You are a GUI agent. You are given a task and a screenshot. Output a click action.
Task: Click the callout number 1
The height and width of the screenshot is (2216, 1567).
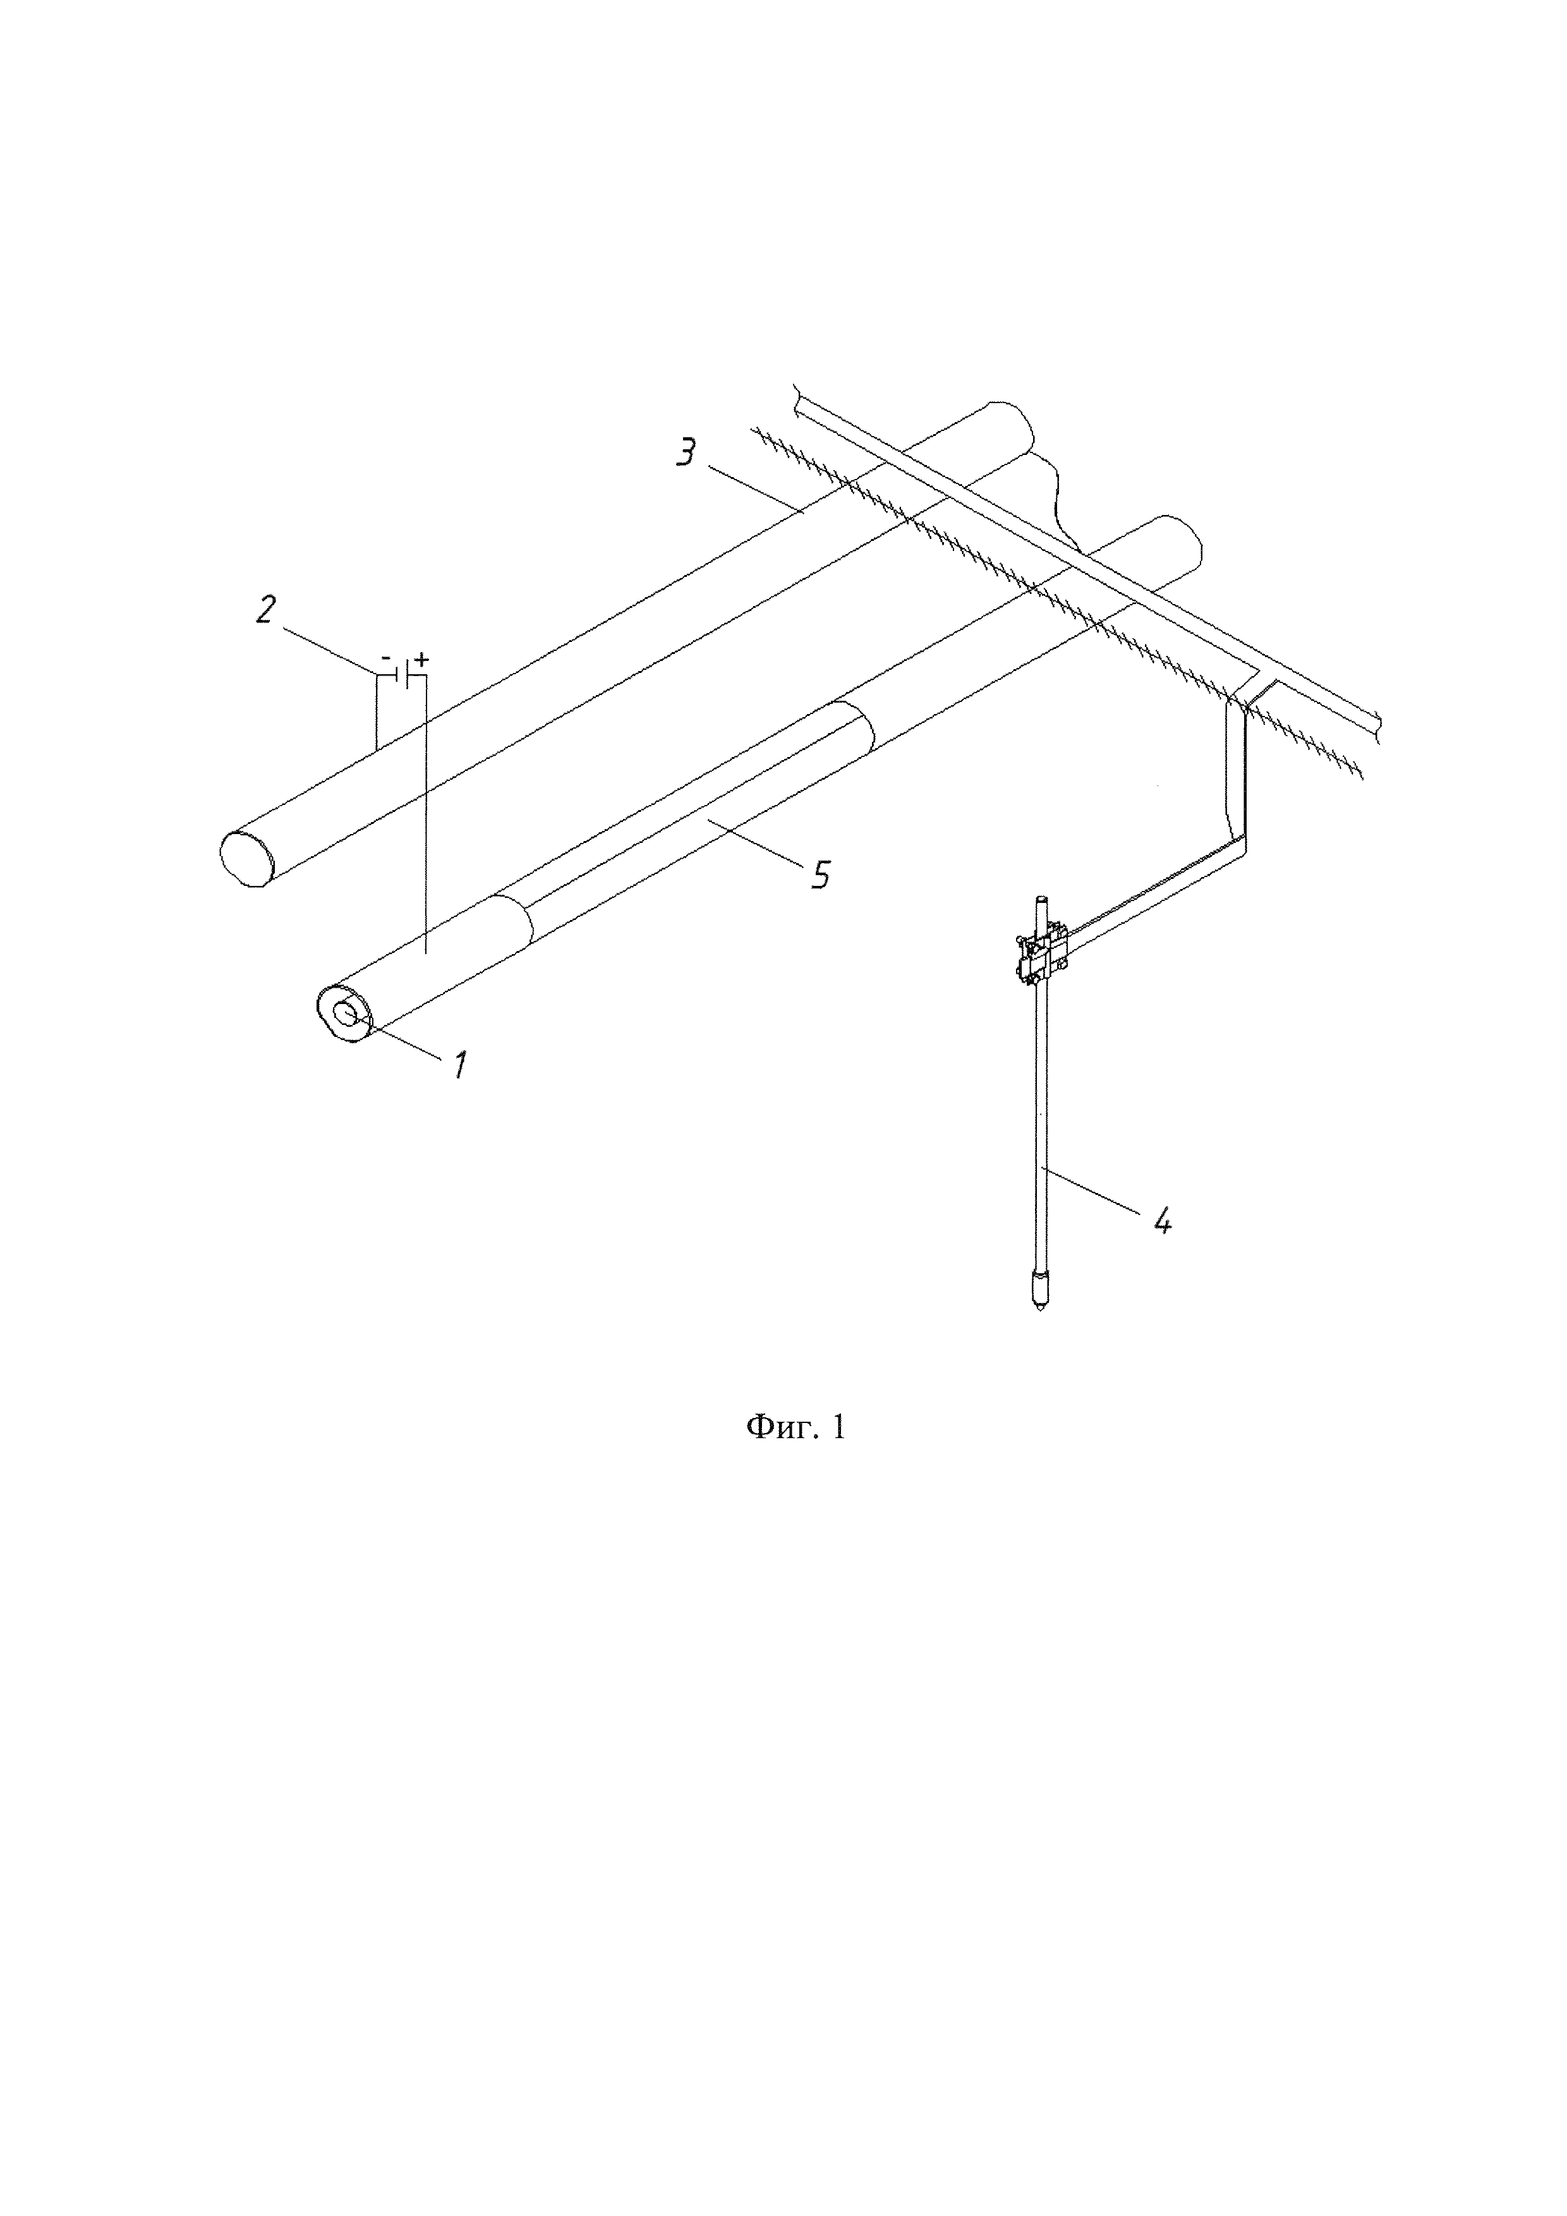(x=460, y=1065)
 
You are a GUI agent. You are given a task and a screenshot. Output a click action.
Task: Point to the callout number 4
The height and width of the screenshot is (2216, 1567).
(x=1162, y=1221)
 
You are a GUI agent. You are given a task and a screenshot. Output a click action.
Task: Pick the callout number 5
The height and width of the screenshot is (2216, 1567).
(x=820, y=875)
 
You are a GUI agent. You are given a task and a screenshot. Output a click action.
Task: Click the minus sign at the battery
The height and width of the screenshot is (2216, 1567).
(x=386, y=658)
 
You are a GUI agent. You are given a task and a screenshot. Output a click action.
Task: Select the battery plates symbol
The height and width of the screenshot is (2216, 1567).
(x=406, y=673)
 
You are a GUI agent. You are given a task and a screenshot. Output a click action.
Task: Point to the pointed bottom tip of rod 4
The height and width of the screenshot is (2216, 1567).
(x=1039, y=1312)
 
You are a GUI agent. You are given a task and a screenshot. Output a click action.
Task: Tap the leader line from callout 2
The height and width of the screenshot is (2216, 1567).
(x=328, y=644)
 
